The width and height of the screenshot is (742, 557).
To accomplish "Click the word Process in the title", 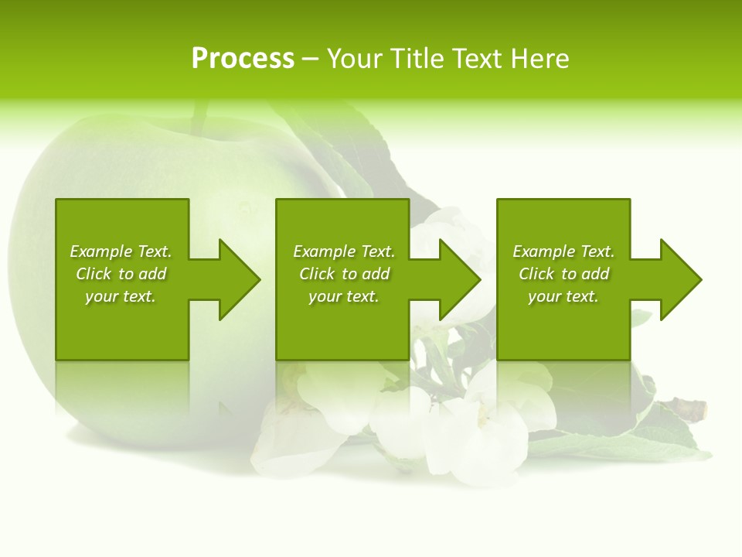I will (243, 59).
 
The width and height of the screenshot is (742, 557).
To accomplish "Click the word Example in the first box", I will (100, 251).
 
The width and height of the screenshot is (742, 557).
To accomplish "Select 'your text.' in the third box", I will (563, 296).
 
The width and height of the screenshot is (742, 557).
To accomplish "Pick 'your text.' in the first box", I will (121, 296).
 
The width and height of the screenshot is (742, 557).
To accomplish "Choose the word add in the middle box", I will (375, 274).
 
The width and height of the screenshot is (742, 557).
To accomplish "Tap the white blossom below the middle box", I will (402, 422).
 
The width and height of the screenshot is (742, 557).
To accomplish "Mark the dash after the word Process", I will (311, 59).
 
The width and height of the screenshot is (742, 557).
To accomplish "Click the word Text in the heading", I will (475, 59).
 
